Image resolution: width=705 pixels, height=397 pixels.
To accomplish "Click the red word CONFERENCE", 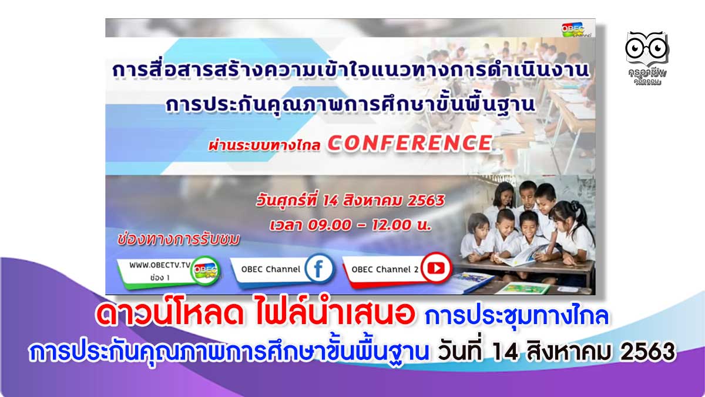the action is click(x=410, y=144).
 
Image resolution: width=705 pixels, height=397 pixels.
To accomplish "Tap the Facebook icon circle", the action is click(x=318, y=269).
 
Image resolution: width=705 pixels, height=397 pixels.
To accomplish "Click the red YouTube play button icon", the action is click(x=436, y=268).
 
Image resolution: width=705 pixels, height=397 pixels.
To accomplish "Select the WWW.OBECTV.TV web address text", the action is click(x=160, y=265).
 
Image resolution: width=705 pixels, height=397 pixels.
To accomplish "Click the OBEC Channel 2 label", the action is click(x=385, y=269).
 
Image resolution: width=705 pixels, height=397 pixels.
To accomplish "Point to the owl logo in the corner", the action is click(x=647, y=58).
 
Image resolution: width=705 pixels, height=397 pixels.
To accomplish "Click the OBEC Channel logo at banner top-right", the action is click(x=576, y=30).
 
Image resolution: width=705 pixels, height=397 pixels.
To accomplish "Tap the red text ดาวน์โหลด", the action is click(x=170, y=315).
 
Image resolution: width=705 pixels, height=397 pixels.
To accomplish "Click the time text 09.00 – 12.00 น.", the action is click(x=369, y=225).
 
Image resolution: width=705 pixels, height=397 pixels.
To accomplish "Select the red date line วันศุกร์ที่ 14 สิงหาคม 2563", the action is click(x=350, y=201).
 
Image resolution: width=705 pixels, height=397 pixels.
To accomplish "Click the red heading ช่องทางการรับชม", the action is click(x=179, y=240).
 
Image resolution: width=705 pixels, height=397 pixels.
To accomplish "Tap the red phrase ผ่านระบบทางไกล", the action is click(x=264, y=146).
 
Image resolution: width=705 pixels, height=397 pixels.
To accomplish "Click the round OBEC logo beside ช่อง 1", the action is click(x=205, y=271).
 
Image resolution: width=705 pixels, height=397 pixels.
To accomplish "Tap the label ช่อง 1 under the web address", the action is click(x=160, y=278).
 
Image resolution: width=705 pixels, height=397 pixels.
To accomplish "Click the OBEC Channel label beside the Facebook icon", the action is click(x=271, y=269).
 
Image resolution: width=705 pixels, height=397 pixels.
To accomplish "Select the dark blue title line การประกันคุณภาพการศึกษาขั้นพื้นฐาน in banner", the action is click(x=351, y=104).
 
